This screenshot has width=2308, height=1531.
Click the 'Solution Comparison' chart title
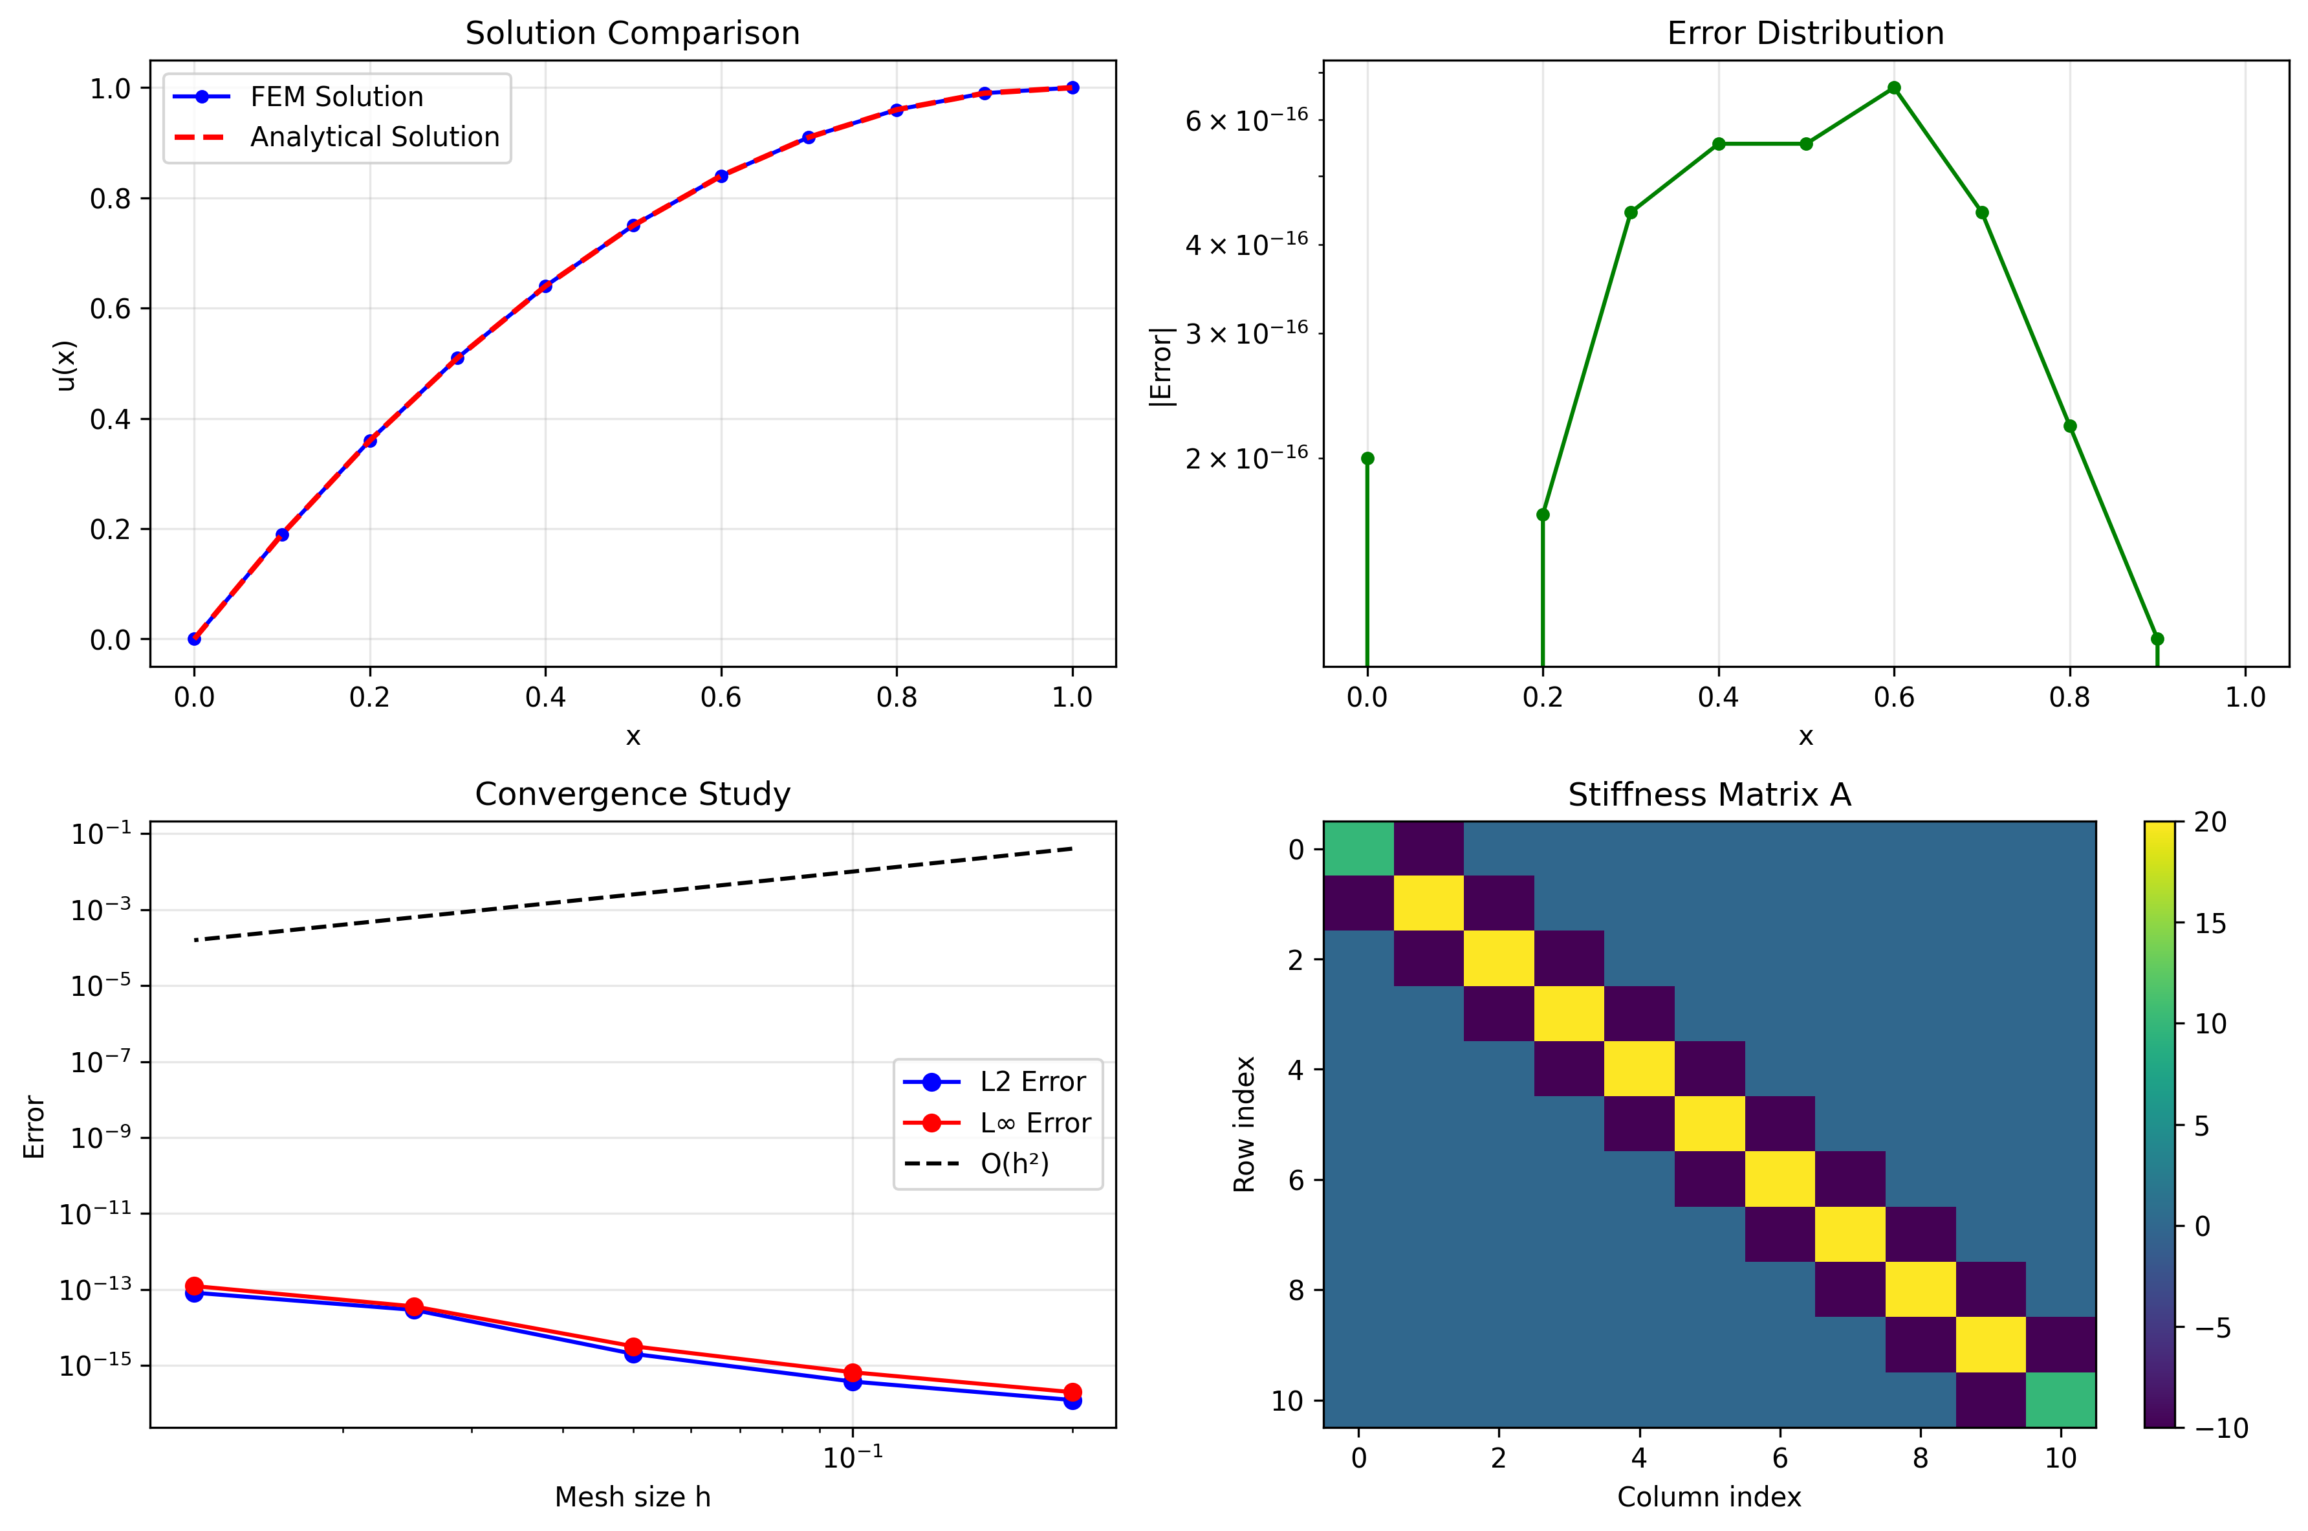pos(633,33)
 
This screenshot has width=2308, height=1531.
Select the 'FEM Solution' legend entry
pos(336,96)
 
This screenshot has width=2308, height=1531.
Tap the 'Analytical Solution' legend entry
pos(374,137)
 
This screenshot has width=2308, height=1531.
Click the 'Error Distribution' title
pos(1805,33)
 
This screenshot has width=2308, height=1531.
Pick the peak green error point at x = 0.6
pos(1893,88)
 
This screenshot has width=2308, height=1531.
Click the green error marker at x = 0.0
pos(1367,459)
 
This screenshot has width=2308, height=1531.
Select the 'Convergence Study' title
pos(633,794)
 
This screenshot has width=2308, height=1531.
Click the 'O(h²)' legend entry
pos(1014,1164)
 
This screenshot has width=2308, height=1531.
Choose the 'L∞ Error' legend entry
pos(1034,1123)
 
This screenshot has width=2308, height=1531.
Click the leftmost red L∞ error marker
pos(194,1286)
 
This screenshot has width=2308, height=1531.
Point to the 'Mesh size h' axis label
pos(633,1497)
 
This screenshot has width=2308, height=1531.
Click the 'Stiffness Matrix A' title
pos(1709,795)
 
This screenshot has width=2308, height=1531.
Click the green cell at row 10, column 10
pos(2060,1399)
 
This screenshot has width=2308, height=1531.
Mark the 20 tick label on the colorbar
pos(2210,822)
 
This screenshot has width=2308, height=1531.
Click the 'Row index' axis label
pos(1245,1124)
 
